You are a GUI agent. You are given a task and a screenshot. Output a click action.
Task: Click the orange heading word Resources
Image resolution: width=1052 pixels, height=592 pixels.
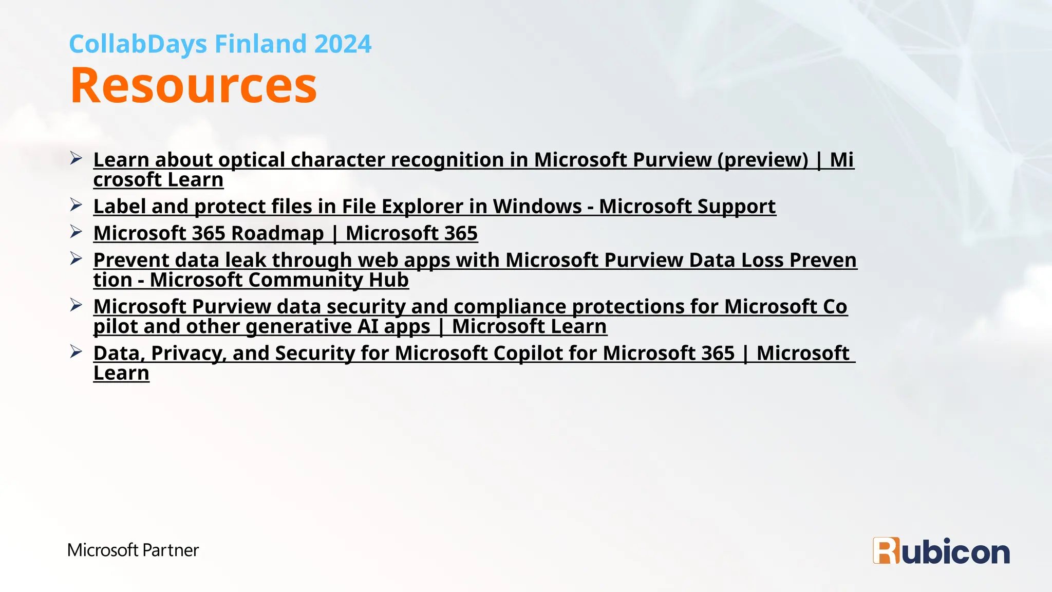[193, 85]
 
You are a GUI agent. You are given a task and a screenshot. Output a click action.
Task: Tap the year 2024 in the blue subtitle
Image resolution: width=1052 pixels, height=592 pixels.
[343, 44]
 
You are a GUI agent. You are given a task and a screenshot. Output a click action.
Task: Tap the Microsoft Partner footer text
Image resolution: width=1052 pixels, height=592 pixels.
[133, 550]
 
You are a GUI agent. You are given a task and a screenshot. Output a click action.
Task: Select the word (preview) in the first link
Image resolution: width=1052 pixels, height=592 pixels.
[763, 160]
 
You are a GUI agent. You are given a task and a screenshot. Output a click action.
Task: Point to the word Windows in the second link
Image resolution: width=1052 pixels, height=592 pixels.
[537, 207]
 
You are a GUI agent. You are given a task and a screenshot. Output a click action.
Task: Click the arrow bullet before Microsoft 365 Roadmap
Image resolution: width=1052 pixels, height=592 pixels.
[76, 232]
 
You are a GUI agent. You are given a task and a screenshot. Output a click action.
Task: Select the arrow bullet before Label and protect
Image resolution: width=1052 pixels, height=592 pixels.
[76, 205]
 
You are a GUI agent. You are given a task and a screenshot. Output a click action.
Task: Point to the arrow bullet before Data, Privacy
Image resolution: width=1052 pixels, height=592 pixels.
[76, 351]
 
